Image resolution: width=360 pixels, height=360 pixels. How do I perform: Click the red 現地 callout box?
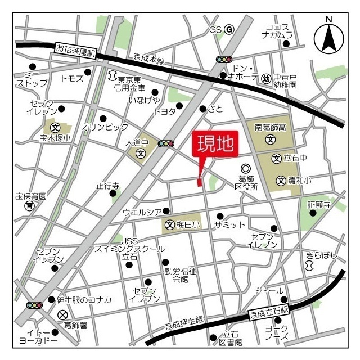coord(215,145)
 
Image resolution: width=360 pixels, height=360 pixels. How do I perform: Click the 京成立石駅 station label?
coord(269,310)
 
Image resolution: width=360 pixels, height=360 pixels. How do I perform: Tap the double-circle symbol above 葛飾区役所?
coord(246,168)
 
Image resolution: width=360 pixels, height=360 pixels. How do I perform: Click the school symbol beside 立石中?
coord(276,159)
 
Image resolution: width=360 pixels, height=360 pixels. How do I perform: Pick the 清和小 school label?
coord(299,181)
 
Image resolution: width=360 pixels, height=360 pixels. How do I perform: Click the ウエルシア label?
coord(142,211)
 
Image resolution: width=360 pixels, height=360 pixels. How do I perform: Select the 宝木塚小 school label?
coord(55,138)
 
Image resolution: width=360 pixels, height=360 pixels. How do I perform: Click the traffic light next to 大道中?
coord(166,144)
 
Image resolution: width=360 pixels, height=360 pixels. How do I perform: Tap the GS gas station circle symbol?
coord(229,29)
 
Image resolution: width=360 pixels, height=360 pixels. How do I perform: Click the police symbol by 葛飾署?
coord(62,314)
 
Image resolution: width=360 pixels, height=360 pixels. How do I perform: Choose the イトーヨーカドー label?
coord(38,336)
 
